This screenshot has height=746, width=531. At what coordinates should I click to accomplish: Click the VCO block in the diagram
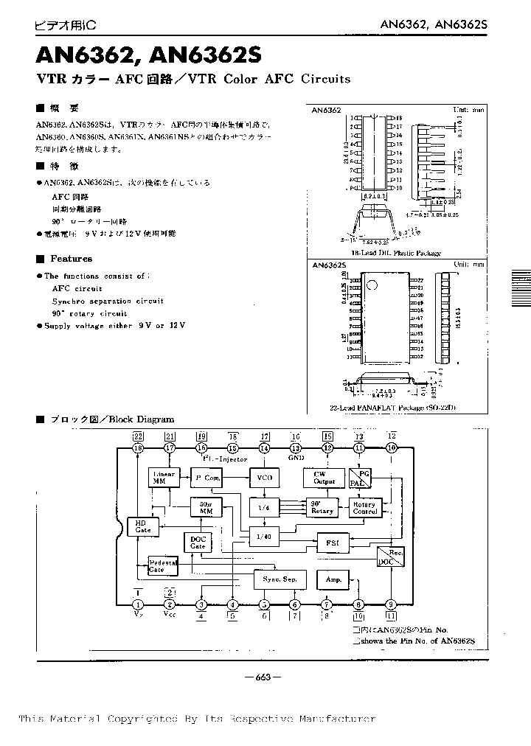[265, 478]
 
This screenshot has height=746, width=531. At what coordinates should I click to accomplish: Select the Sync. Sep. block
[279, 579]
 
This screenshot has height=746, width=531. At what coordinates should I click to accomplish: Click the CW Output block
[324, 478]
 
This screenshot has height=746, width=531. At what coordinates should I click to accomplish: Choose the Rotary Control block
[365, 507]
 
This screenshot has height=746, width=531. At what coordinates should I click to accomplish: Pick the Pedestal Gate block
[163, 565]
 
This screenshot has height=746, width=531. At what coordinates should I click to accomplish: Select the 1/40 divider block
[265, 537]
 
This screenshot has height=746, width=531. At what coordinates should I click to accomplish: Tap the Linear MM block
[163, 477]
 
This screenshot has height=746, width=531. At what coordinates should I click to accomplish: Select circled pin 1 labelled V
[138, 604]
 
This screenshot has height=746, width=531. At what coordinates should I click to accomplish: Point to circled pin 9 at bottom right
[391, 604]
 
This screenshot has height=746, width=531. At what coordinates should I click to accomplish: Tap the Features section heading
[71, 259]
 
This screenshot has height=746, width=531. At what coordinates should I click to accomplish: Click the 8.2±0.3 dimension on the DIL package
[375, 198]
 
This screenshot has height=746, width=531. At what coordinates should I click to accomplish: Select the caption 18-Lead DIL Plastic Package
[396, 253]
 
